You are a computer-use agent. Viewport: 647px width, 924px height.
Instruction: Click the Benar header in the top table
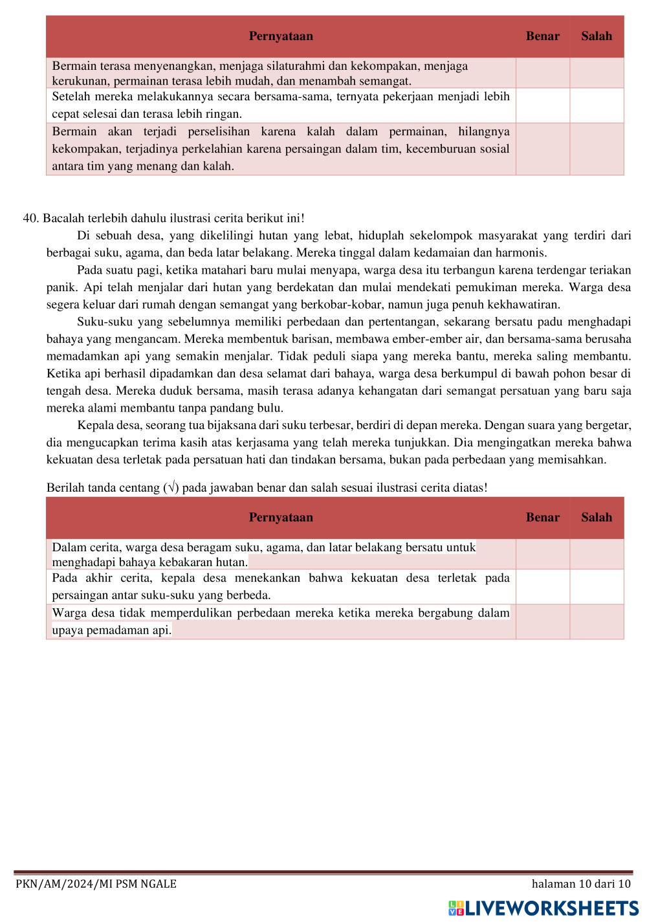click(x=542, y=36)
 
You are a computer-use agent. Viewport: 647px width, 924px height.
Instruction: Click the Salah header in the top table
click(x=596, y=36)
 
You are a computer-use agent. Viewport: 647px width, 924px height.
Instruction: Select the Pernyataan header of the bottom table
click(x=281, y=517)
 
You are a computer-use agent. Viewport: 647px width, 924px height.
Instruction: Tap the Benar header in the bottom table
click(x=542, y=517)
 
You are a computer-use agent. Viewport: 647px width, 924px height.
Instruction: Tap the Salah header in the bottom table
click(x=596, y=517)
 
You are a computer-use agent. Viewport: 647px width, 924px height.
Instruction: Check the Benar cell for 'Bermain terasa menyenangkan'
click(x=542, y=73)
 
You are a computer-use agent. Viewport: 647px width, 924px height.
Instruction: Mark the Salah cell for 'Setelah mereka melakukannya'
click(x=596, y=105)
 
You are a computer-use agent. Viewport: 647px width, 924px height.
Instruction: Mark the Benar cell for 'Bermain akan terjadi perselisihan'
click(x=542, y=149)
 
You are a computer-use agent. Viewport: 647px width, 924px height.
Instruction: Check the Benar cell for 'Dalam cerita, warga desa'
click(x=542, y=555)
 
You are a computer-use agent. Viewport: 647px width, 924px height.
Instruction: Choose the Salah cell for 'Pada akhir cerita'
click(x=596, y=587)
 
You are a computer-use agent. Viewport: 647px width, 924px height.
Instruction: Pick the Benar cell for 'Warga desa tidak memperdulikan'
click(x=542, y=622)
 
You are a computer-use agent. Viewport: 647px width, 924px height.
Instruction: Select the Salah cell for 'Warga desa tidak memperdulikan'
click(x=596, y=622)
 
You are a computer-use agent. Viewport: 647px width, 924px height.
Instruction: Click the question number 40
click(x=30, y=218)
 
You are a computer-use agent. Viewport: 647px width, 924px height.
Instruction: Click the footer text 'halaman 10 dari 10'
click(x=580, y=884)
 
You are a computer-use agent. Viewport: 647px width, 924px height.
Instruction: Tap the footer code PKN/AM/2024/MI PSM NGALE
click(x=96, y=884)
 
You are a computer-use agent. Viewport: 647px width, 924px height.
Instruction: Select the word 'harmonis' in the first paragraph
click(x=523, y=252)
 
